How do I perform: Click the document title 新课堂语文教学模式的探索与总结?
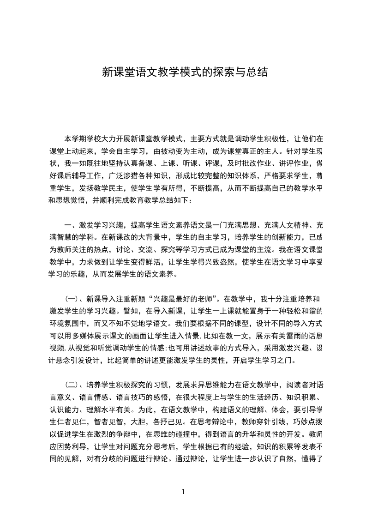coord(184,72)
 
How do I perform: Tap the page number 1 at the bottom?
coord(183,492)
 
